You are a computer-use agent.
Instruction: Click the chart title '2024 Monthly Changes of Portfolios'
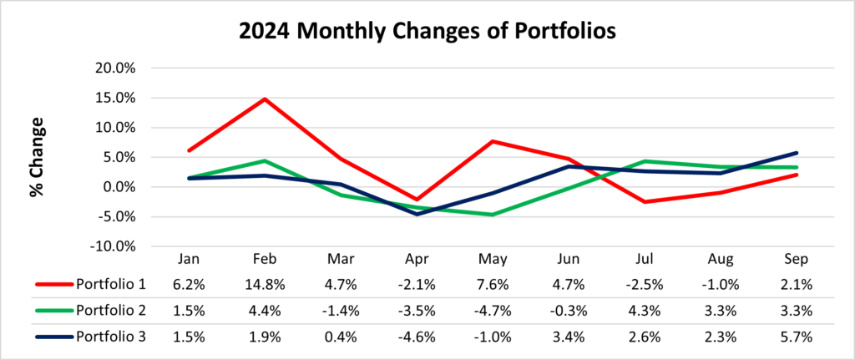coord(427,32)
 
